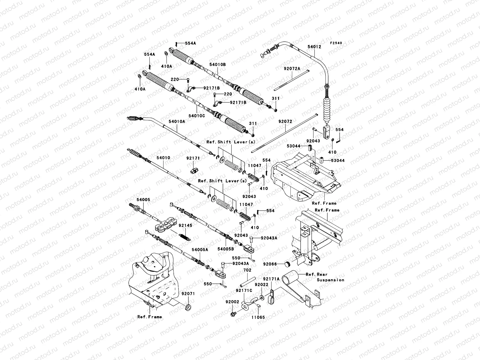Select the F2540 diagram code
tap(336, 43)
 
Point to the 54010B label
tap(217, 64)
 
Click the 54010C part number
tap(197, 116)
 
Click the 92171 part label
tap(193, 158)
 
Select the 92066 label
tap(270, 264)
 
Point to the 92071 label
tap(188, 294)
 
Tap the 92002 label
tap(232, 302)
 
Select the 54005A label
tap(200, 250)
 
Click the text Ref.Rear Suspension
tap(325, 277)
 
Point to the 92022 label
tap(261, 284)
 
